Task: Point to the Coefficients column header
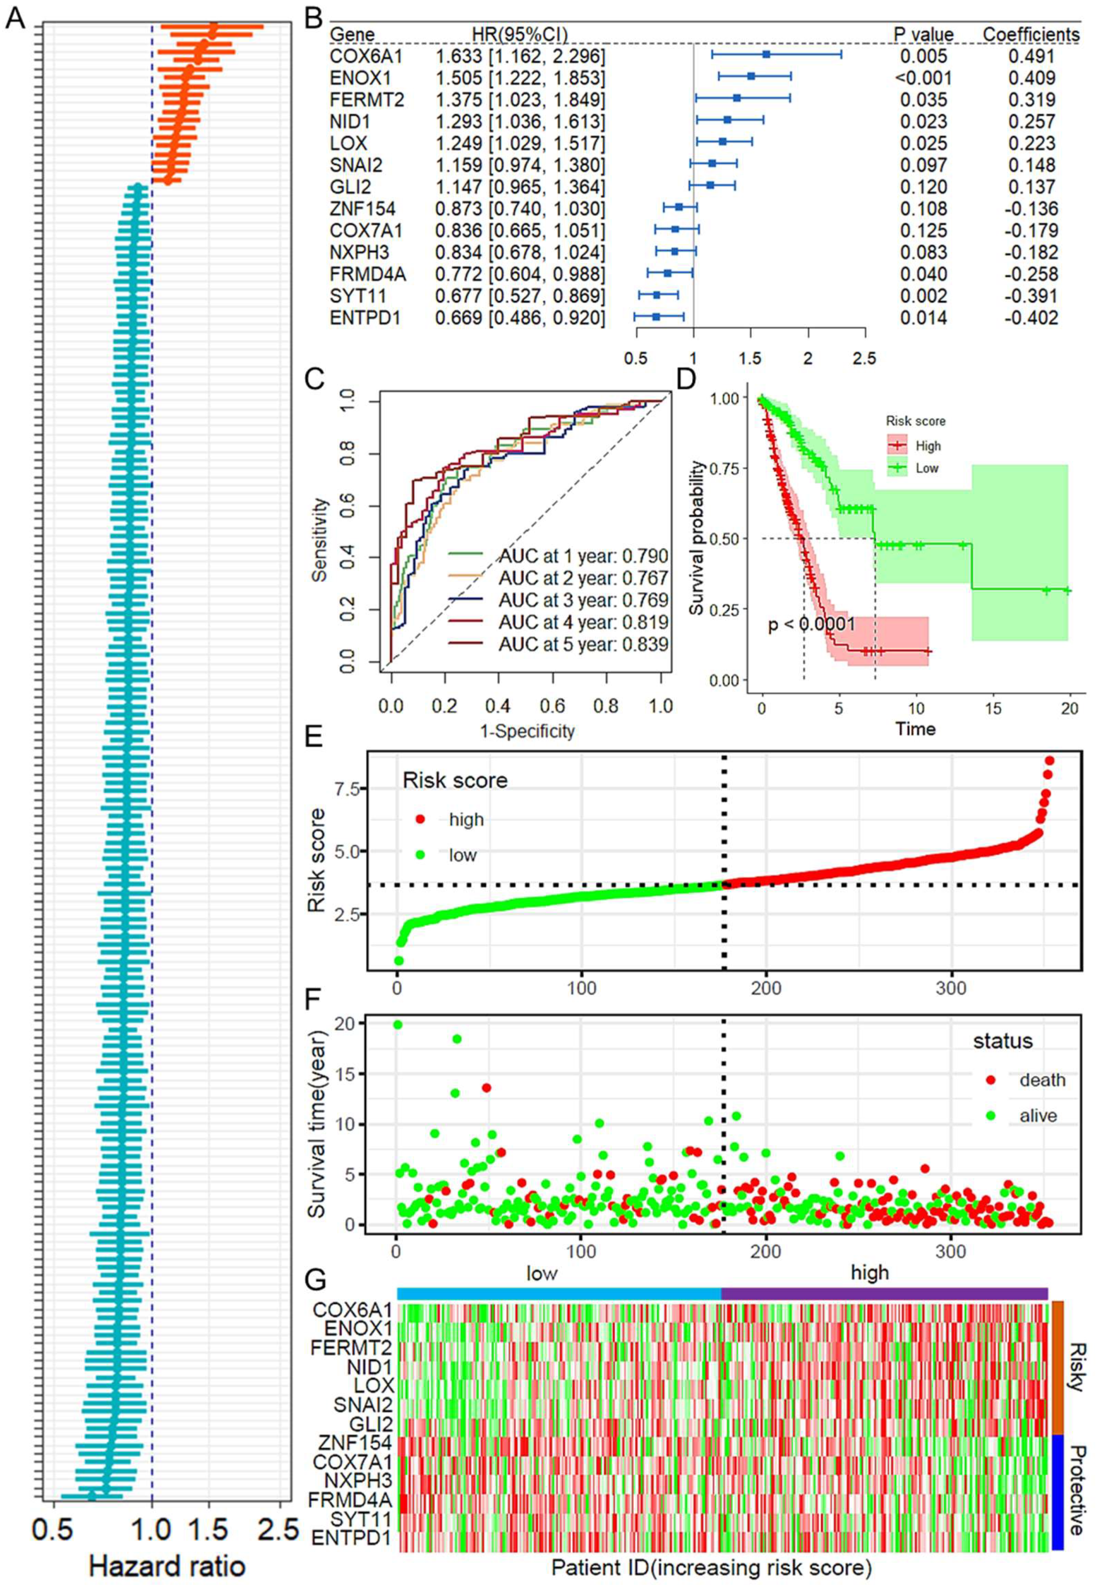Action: click(x=1031, y=34)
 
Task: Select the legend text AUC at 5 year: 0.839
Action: click(x=583, y=644)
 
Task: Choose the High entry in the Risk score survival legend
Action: click(x=927, y=446)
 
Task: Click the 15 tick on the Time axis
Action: click(x=993, y=709)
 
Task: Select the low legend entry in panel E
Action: click(x=462, y=855)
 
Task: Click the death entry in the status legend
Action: click(x=1042, y=1080)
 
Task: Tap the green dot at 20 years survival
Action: click(x=398, y=1025)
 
